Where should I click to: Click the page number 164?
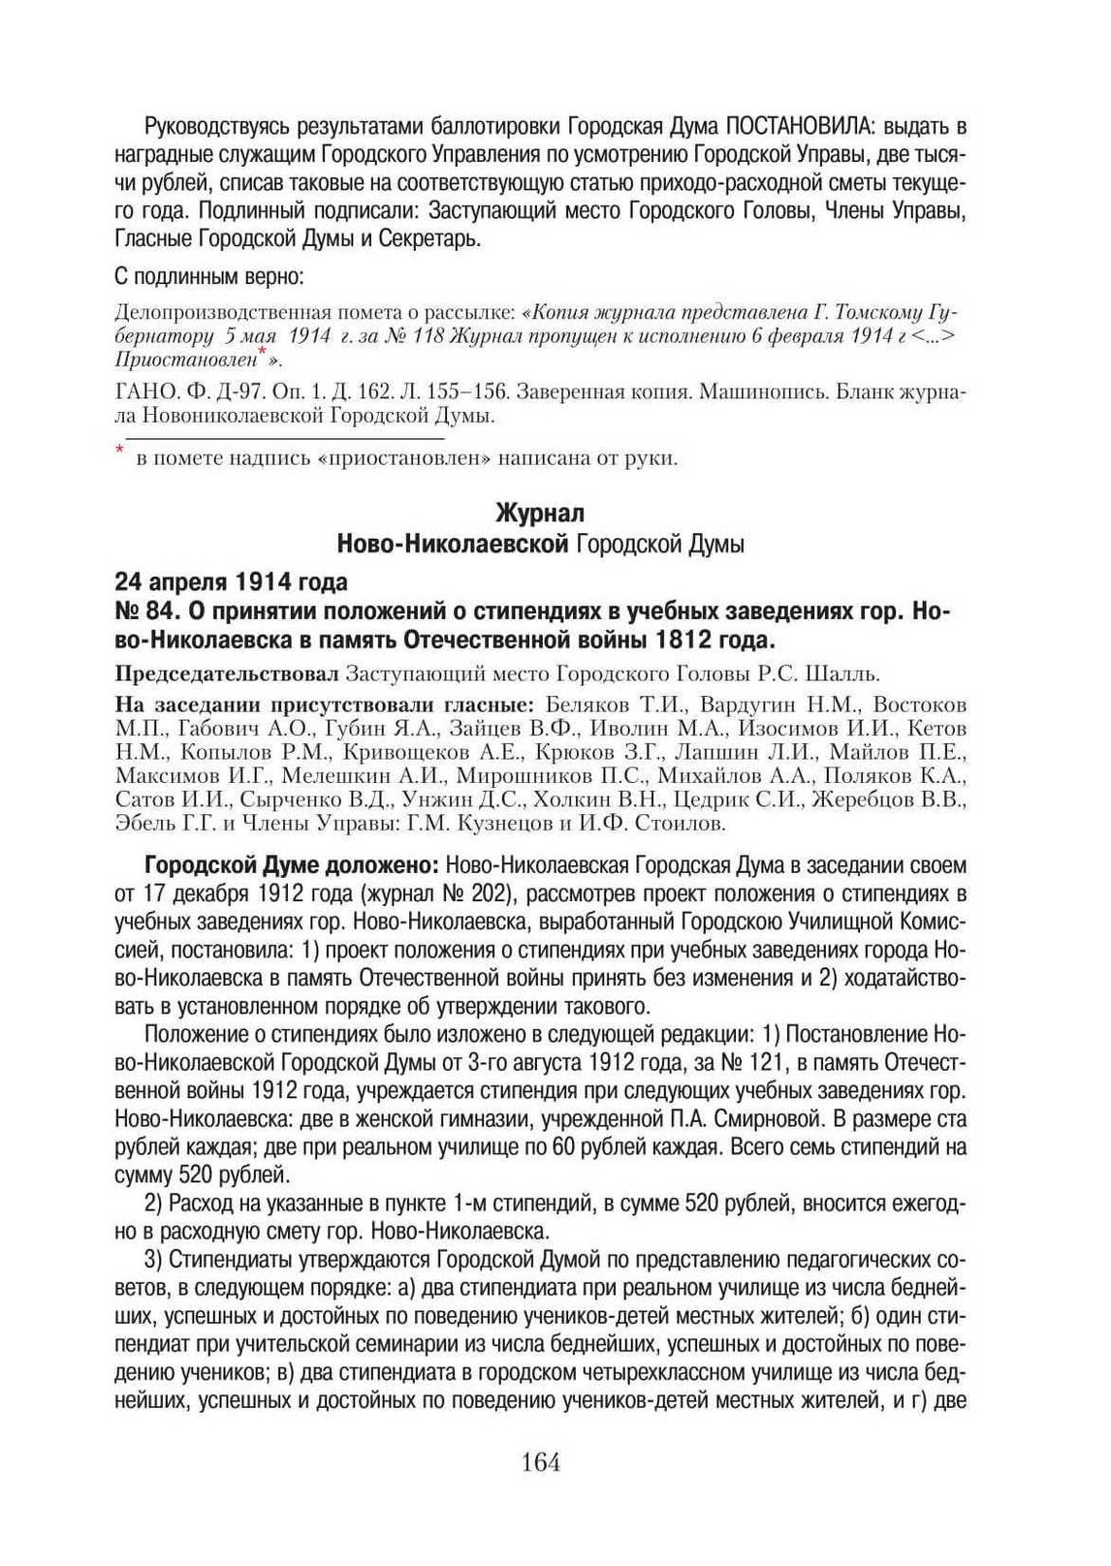(540, 1462)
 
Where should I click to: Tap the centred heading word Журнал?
(540, 512)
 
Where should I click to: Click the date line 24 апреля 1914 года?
(231, 582)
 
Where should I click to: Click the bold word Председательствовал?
(227, 673)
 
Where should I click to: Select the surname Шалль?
(848, 673)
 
